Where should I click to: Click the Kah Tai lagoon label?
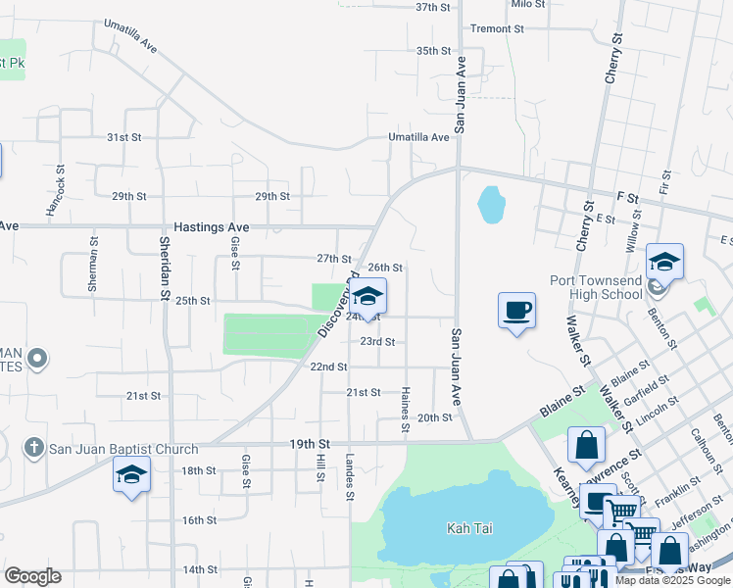pyautogui.click(x=469, y=528)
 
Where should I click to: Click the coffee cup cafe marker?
pyautogui.click(x=516, y=312)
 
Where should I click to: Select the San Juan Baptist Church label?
pyautogui.click(x=123, y=449)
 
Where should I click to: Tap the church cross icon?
pyautogui.click(x=33, y=449)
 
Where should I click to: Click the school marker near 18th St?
pyautogui.click(x=131, y=475)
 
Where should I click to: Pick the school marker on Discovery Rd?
pyautogui.click(x=367, y=297)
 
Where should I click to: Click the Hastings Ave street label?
pyautogui.click(x=212, y=227)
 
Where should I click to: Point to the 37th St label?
pyautogui.click(x=432, y=7)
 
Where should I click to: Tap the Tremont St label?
pyautogui.click(x=497, y=28)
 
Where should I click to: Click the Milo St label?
pyautogui.click(x=527, y=5)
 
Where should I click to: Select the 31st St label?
pyautogui.click(x=124, y=137)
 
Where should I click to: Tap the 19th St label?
pyautogui.click(x=310, y=444)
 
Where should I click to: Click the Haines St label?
pyautogui.click(x=405, y=410)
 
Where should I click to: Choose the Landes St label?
pyautogui.click(x=349, y=475)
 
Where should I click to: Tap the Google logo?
pyautogui.click(x=32, y=576)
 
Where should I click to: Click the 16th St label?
pyautogui.click(x=199, y=520)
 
